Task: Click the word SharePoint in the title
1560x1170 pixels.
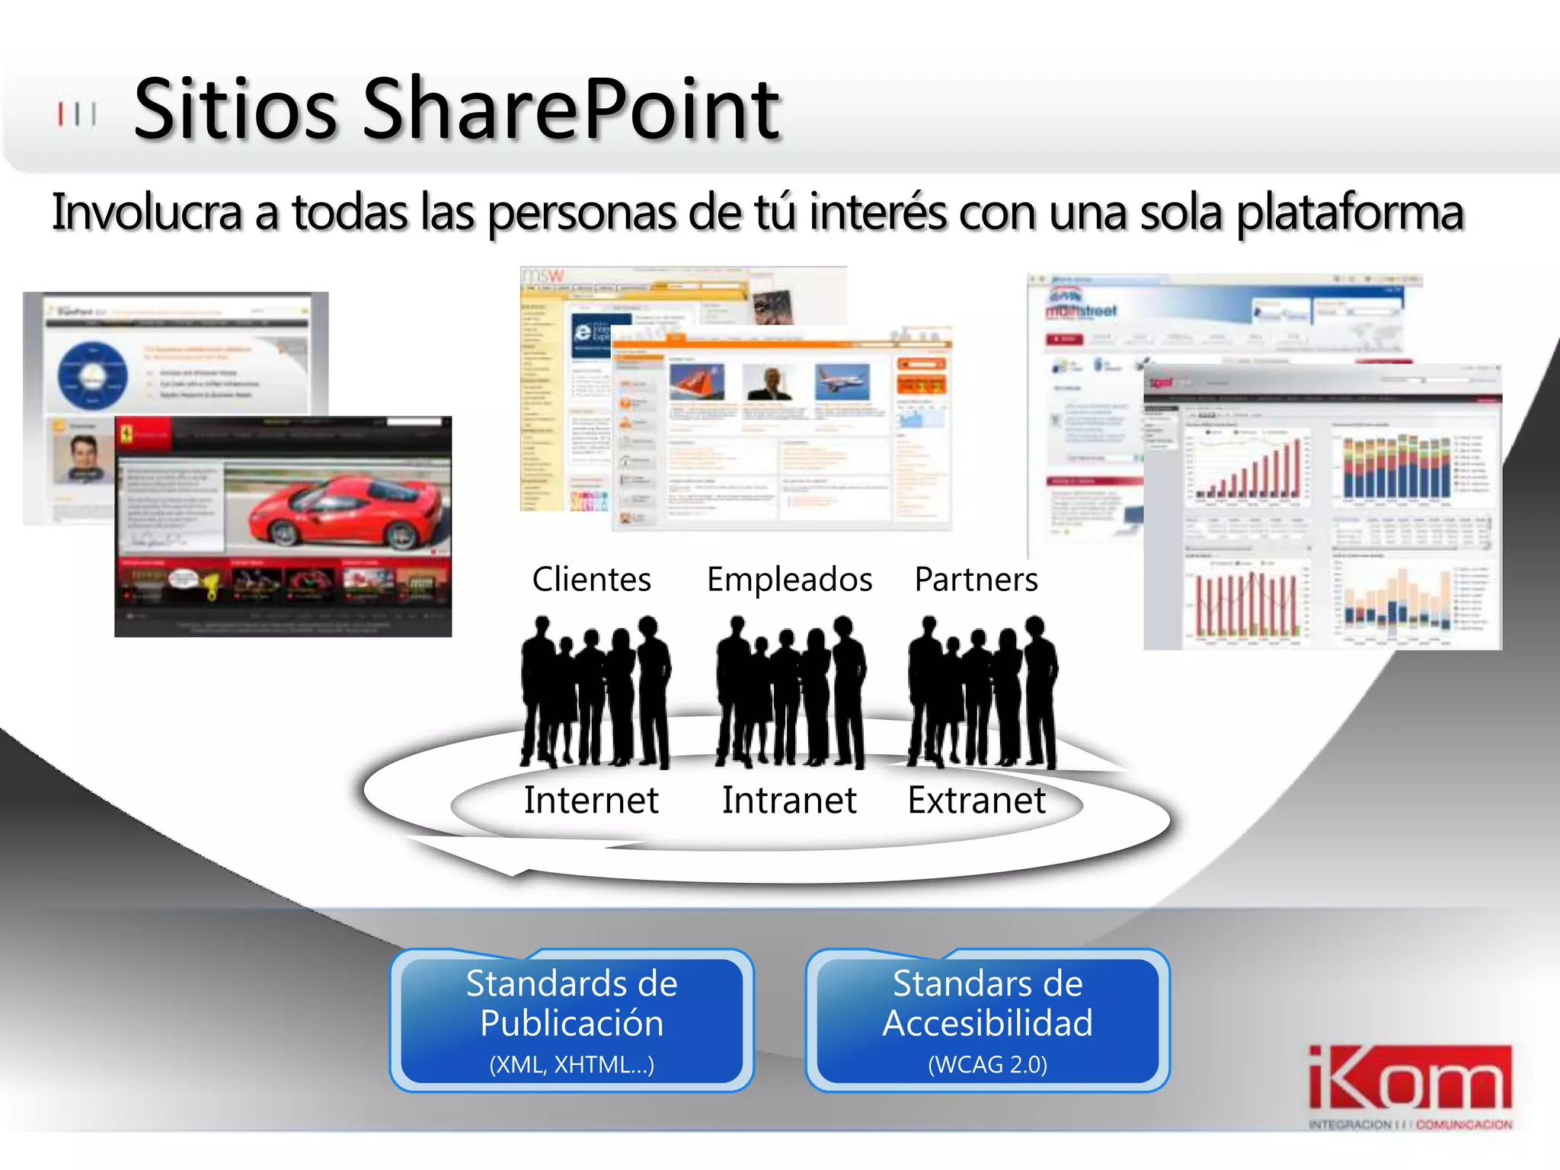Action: pyautogui.click(x=571, y=110)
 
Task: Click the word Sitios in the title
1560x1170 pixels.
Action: pyautogui.click(x=235, y=110)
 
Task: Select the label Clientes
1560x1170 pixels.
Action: pyautogui.click(x=591, y=580)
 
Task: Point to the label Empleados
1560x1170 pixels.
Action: pyautogui.click(x=789, y=580)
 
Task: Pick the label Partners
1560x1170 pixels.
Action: pyautogui.click(x=976, y=580)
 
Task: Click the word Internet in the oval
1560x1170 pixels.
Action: pyautogui.click(x=591, y=801)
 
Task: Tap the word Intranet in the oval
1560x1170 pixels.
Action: pyautogui.click(x=789, y=801)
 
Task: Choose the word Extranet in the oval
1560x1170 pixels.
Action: pyautogui.click(x=977, y=801)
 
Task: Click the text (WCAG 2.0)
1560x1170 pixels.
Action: pyautogui.click(x=987, y=1065)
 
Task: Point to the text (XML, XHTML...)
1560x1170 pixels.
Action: pyautogui.click(x=571, y=1065)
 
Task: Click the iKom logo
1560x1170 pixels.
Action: pyautogui.click(x=1410, y=1085)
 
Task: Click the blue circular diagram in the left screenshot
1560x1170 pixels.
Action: pyautogui.click(x=92, y=375)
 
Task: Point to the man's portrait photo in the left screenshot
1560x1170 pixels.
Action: pyautogui.click(x=82, y=457)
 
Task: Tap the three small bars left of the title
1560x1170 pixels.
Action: pyautogui.click(x=77, y=114)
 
